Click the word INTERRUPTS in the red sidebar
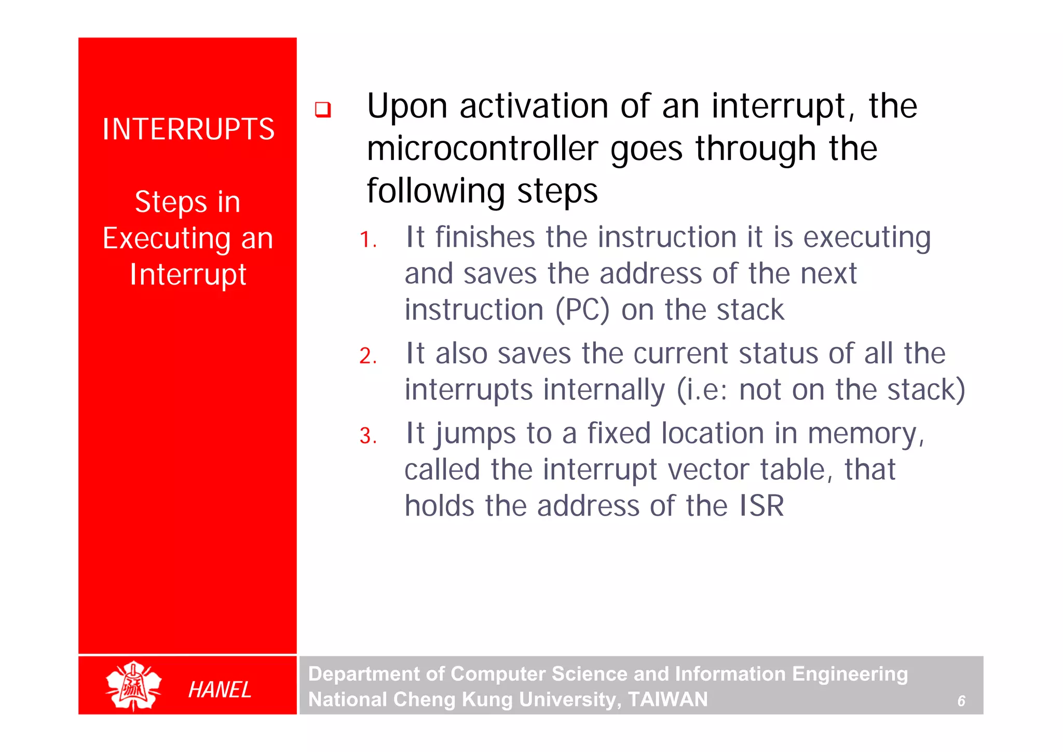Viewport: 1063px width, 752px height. pos(188,129)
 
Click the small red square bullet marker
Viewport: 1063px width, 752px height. pos(322,110)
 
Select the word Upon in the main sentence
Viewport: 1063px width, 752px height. pos(407,107)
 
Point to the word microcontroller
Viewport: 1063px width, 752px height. pos(482,149)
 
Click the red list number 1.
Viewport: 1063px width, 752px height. pos(367,240)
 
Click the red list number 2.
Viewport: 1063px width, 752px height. pos(367,356)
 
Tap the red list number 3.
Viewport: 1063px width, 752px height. pos(367,436)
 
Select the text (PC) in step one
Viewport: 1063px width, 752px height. pos(582,311)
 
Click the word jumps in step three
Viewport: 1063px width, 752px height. pos(475,434)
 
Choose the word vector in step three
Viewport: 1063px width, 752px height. pos(708,470)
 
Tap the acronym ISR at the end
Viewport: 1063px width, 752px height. pos(761,506)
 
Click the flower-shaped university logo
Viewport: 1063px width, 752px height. pos(133,686)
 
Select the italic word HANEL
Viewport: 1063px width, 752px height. pos(220,690)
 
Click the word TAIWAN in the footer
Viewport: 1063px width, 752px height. pos(667,700)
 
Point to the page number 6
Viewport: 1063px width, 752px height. pos(961,701)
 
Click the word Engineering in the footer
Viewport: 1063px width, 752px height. pos(850,674)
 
